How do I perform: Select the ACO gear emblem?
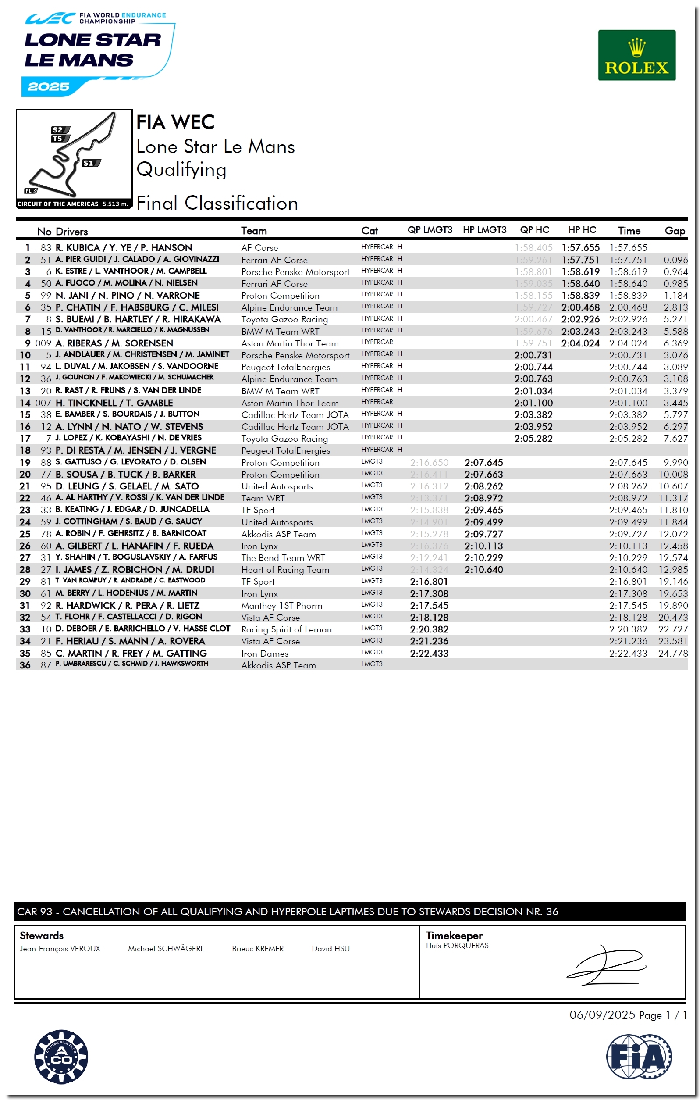[x=61, y=1057]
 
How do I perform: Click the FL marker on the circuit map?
[x=30, y=190]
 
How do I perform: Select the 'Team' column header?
[x=254, y=231]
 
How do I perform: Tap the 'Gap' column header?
[x=674, y=231]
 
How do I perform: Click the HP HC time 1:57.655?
[x=580, y=248]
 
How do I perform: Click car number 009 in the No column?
[x=43, y=343]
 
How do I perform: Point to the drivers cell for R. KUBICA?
[x=124, y=248]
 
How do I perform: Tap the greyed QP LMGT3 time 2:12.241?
[x=428, y=558]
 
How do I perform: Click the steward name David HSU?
[x=330, y=948]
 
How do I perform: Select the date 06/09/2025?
[x=602, y=1014]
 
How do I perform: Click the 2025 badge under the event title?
[x=48, y=87]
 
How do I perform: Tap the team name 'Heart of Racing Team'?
[x=285, y=570]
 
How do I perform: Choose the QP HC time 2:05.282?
[x=533, y=439]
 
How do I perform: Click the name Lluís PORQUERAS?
[x=457, y=945]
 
